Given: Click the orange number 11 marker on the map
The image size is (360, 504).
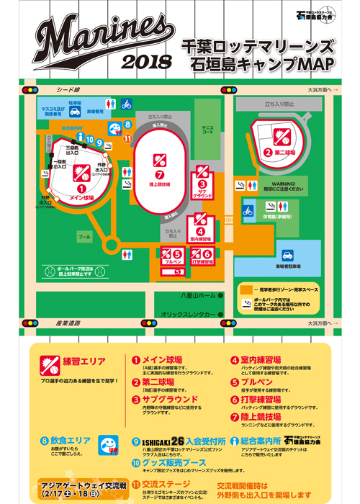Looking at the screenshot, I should [127, 138].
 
